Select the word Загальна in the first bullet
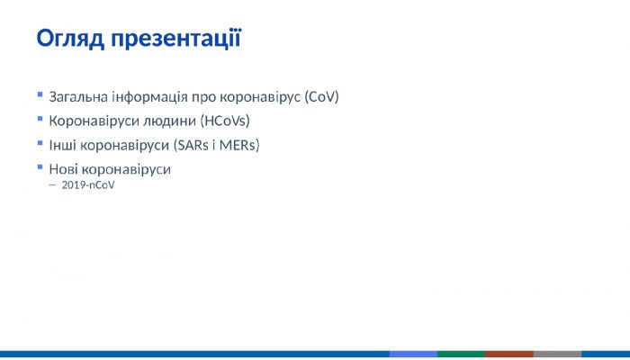[x=80, y=95]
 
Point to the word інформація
[x=149, y=95]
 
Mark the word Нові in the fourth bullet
[x=64, y=168]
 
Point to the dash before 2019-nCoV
[x=52, y=185]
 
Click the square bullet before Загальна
[x=40, y=94]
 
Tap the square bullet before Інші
[x=40, y=142]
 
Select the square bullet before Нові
[x=40, y=166]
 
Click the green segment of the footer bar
[x=461, y=354]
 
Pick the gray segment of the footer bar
[x=557, y=354]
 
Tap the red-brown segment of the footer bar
[x=509, y=354]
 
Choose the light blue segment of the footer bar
[x=413, y=354]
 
